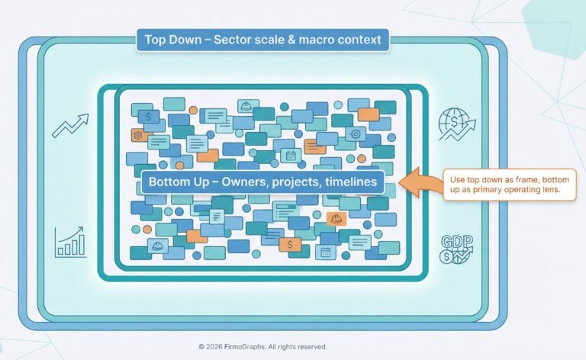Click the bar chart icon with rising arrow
click(70, 242)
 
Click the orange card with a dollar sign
click(289, 244)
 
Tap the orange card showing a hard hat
click(334, 219)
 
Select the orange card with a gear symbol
click(138, 134)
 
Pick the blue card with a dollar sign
click(146, 117)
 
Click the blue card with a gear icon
click(354, 134)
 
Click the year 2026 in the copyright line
click(216, 346)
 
